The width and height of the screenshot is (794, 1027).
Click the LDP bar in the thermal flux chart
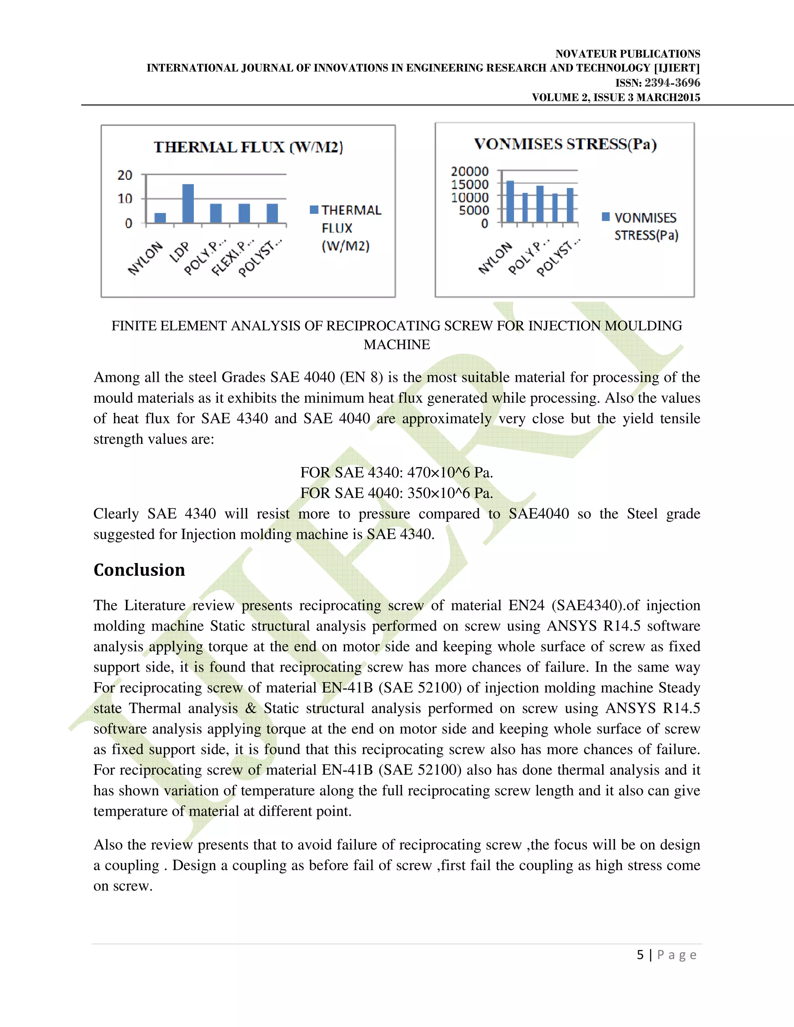[188, 203]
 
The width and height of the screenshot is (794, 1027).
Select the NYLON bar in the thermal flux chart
[161, 218]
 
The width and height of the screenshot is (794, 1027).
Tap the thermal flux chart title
[249, 148]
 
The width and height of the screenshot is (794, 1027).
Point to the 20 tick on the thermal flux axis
[125, 176]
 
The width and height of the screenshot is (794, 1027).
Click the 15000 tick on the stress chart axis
[469, 184]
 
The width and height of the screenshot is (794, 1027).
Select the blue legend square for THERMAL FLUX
[314, 210]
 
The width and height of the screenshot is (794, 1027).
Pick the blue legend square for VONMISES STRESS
[606, 217]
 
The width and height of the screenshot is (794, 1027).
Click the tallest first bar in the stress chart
[510, 201]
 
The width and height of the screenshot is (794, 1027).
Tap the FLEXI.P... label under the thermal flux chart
[233, 258]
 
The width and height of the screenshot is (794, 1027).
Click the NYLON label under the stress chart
[495, 258]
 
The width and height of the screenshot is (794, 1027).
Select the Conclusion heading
[139, 570]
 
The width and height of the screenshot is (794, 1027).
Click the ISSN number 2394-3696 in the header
[672, 83]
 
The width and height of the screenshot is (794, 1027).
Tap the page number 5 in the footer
[640, 955]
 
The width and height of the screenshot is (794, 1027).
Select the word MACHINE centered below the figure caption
[397, 345]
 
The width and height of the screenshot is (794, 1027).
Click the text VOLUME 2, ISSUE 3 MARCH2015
[616, 98]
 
